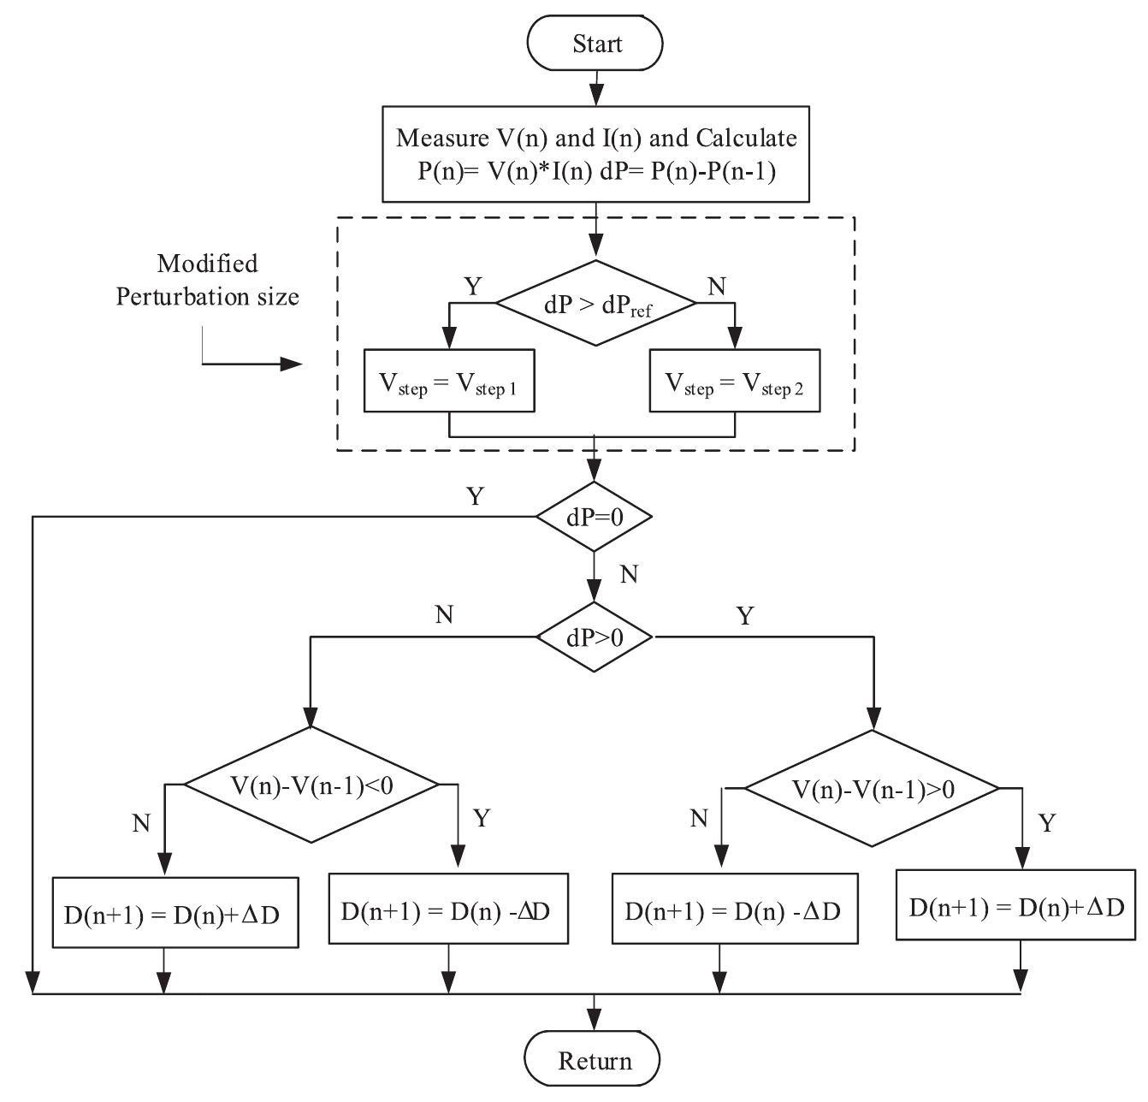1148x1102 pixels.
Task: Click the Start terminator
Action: pyautogui.click(x=595, y=44)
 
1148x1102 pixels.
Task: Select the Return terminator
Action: pyautogui.click(x=593, y=1060)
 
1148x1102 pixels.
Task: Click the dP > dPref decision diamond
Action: pyautogui.click(x=595, y=304)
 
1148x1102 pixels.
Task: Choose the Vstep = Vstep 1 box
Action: pyautogui.click(x=449, y=381)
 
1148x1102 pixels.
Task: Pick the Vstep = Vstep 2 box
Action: pyautogui.click(x=735, y=381)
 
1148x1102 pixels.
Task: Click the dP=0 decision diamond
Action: pyautogui.click(x=594, y=517)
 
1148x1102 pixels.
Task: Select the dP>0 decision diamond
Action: pyautogui.click(x=594, y=637)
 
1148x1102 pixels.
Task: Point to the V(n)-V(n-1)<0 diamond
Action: pyautogui.click(x=311, y=785)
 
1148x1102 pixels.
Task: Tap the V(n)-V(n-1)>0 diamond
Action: pyautogui.click(x=873, y=788)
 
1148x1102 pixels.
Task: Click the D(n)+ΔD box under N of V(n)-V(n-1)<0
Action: pyautogui.click(x=175, y=913)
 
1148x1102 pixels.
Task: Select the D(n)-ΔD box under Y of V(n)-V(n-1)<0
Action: pyautogui.click(x=448, y=909)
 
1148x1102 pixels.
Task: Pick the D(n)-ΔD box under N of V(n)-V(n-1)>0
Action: pyautogui.click(x=735, y=909)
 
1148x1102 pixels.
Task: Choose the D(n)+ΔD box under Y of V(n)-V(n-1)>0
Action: pyautogui.click(x=1016, y=906)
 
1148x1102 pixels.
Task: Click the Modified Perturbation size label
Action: pyautogui.click(x=208, y=280)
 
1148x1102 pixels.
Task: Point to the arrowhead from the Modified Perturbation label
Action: pyautogui.click(x=293, y=364)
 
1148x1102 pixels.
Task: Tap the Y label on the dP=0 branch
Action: pyautogui.click(x=475, y=496)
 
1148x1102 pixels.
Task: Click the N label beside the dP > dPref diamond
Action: pyautogui.click(x=717, y=287)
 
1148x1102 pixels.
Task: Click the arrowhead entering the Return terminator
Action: pyautogui.click(x=594, y=1022)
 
